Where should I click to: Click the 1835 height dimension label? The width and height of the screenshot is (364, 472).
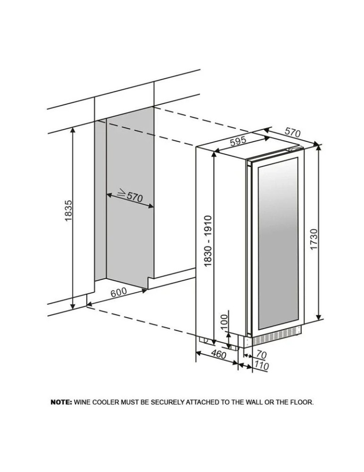[68, 211]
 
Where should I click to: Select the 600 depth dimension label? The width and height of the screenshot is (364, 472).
[119, 292]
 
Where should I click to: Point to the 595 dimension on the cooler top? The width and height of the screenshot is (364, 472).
[238, 141]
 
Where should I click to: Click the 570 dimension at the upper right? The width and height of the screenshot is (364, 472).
[293, 132]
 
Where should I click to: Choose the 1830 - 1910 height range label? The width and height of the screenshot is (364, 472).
[208, 241]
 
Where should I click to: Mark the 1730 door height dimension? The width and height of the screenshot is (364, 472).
[313, 239]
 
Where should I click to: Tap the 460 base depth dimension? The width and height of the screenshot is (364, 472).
[218, 354]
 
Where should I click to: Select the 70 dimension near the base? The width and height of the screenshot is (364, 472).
[262, 354]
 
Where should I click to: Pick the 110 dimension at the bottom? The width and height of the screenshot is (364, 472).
[261, 365]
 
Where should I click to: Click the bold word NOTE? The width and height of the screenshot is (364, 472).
[61, 402]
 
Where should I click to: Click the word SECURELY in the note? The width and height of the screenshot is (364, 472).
[167, 402]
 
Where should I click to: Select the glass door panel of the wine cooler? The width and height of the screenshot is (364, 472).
[278, 243]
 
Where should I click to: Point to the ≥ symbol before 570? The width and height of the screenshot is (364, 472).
[121, 192]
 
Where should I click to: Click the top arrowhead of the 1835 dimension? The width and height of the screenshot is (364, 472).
[73, 130]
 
